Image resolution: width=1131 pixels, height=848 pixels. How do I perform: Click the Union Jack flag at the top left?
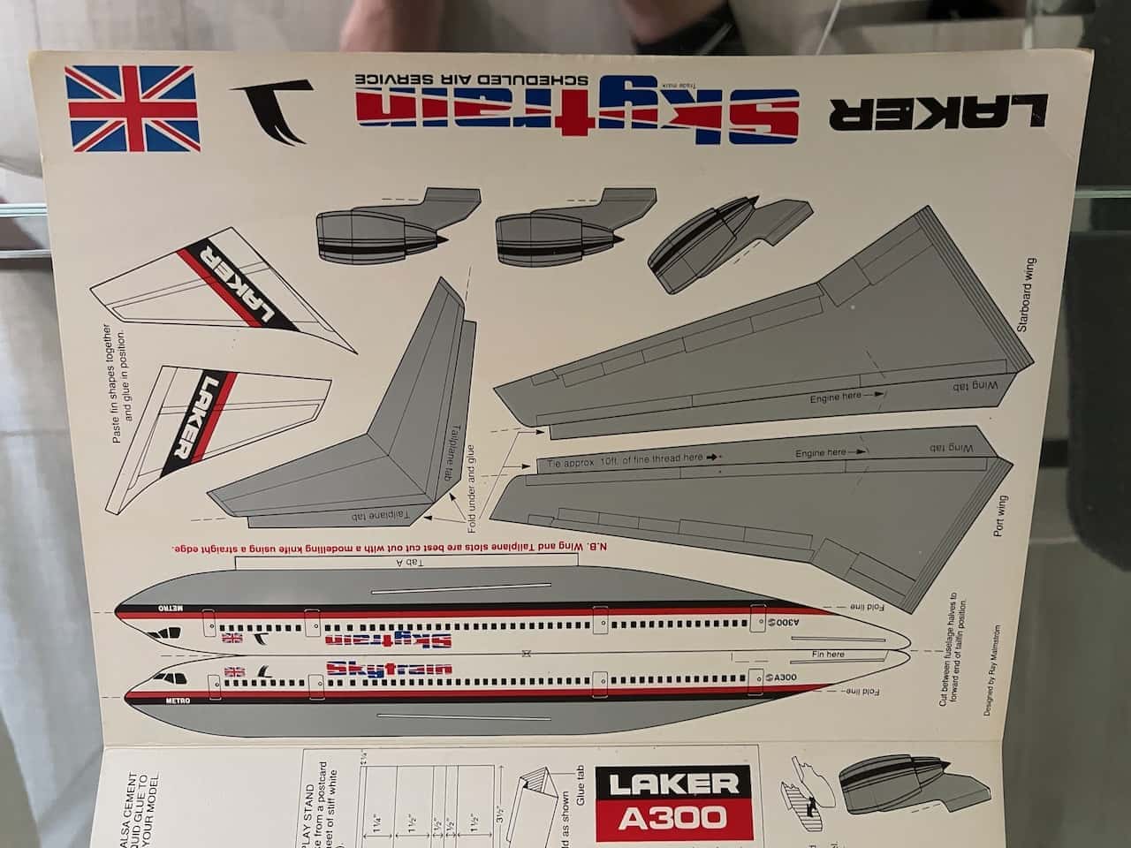pos(133,109)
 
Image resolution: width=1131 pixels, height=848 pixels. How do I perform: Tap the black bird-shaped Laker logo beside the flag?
pos(270,111)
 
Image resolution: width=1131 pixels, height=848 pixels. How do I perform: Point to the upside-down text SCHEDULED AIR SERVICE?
pos(474,78)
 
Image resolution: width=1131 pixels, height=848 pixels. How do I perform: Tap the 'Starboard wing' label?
pos(1024,294)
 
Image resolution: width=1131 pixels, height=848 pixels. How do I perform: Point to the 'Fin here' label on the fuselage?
pos(828,655)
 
